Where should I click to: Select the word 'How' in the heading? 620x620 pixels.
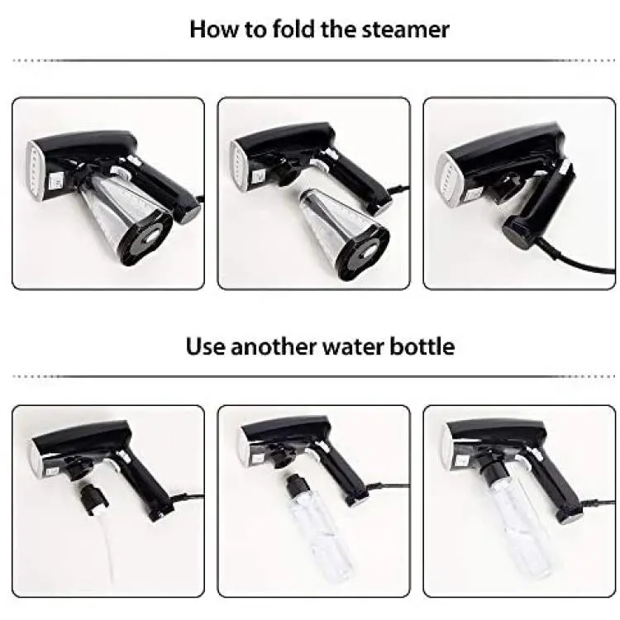pos(213,29)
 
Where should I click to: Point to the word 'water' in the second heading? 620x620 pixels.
pos(354,346)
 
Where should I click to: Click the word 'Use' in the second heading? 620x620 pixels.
pos(206,346)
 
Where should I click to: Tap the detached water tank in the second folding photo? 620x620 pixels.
pos(344,234)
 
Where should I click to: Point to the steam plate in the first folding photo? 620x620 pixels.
pos(35,170)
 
